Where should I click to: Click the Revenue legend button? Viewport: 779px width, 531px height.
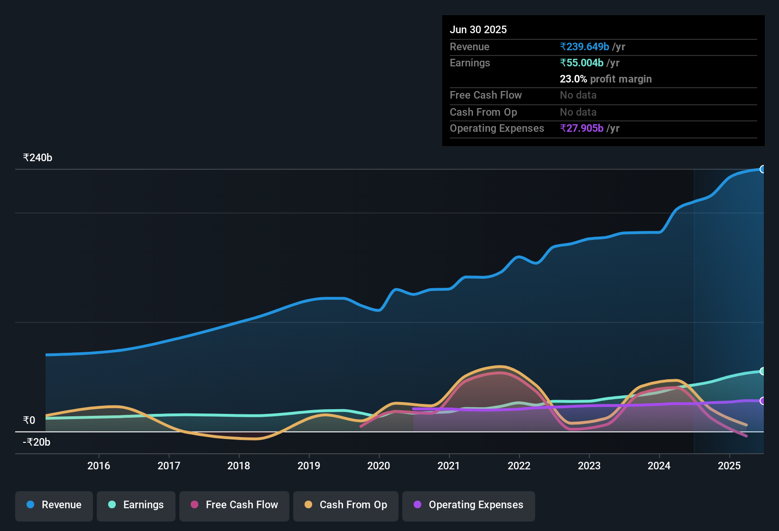[54, 505]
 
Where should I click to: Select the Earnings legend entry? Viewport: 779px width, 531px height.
[136, 505]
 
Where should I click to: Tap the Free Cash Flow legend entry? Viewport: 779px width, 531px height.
[234, 505]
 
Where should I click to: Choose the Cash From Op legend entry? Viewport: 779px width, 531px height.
[346, 505]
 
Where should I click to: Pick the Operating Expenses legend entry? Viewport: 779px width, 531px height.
[469, 505]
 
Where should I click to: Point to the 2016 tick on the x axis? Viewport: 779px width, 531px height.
[99, 466]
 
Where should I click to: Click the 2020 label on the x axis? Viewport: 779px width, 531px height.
[379, 466]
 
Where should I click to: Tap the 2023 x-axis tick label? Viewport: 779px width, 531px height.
[589, 466]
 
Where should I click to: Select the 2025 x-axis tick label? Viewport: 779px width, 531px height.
[729, 466]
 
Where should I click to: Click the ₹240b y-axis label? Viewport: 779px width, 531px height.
[37, 158]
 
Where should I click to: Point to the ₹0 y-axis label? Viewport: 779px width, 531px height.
[29, 420]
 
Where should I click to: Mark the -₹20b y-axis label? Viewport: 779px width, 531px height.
[37, 442]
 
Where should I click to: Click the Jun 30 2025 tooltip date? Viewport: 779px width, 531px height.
[478, 30]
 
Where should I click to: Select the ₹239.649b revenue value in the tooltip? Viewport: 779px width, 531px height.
[584, 47]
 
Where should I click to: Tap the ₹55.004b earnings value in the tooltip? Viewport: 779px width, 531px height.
[582, 63]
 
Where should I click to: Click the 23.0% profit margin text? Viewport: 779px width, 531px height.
[605, 79]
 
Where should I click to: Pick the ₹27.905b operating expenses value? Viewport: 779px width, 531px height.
[582, 128]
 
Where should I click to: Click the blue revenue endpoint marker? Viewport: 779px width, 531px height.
[762, 169]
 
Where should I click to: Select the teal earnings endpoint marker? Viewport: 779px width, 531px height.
[762, 371]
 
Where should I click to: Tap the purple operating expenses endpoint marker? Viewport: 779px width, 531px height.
[762, 401]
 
